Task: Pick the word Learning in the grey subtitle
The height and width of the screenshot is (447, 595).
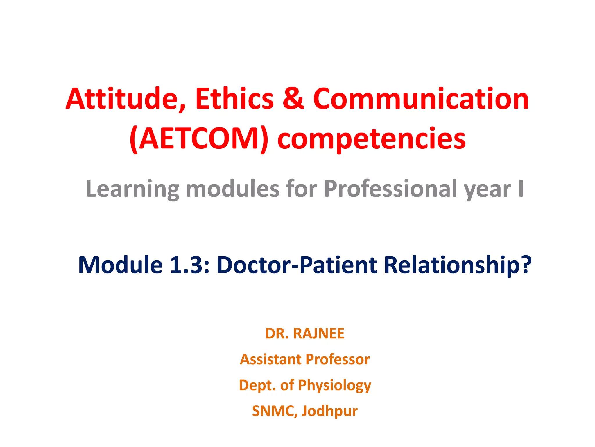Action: point(132,189)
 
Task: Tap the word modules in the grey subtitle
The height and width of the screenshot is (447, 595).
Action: point(232,189)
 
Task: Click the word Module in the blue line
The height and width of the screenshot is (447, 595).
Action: point(120,265)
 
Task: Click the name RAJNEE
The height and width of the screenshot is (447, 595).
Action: point(319,334)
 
